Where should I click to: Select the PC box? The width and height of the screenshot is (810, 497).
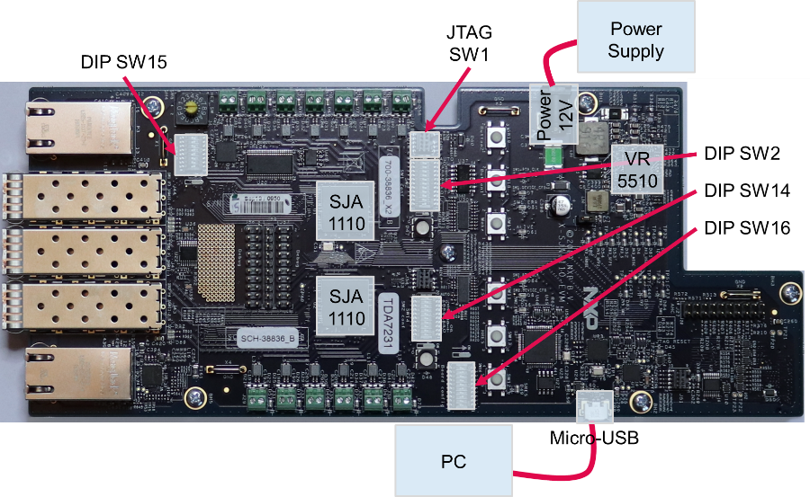pyautogui.click(x=453, y=462)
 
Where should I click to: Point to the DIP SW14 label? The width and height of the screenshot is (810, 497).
pyautogui.click(x=747, y=191)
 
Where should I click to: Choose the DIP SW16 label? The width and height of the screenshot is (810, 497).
pyautogui.click(x=747, y=228)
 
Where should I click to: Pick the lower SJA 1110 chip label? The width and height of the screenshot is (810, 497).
pyautogui.click(x=346, y=306)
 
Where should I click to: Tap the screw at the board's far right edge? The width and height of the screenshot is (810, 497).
pyautogui.click(x=790, y=292)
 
